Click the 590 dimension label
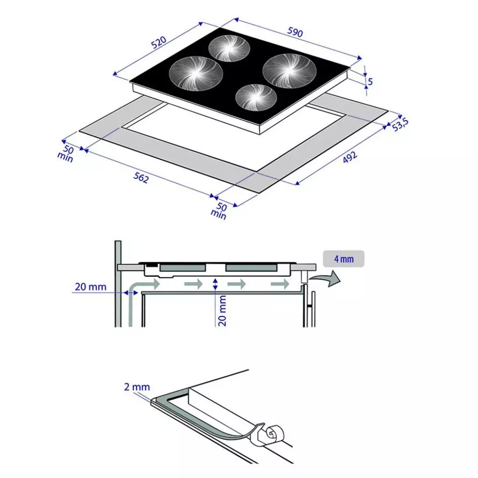pyautogui.click(x=295, y=33)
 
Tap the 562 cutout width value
pyautogui.click(x=141, y=177)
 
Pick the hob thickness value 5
pyautogui.click(x=370, y=82)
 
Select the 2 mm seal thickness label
pyautogui.click(x=137, y=387)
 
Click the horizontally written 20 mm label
pyautogui.click(x=91, y=287)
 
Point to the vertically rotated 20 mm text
pyautogui.click(x=223, y=310)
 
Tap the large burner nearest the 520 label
pyautogui.click(x=196, y=72)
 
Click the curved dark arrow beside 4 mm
pyautogui.click(x=327, y=279)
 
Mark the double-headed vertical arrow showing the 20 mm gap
pyautogui.click(x=215, y=284)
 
